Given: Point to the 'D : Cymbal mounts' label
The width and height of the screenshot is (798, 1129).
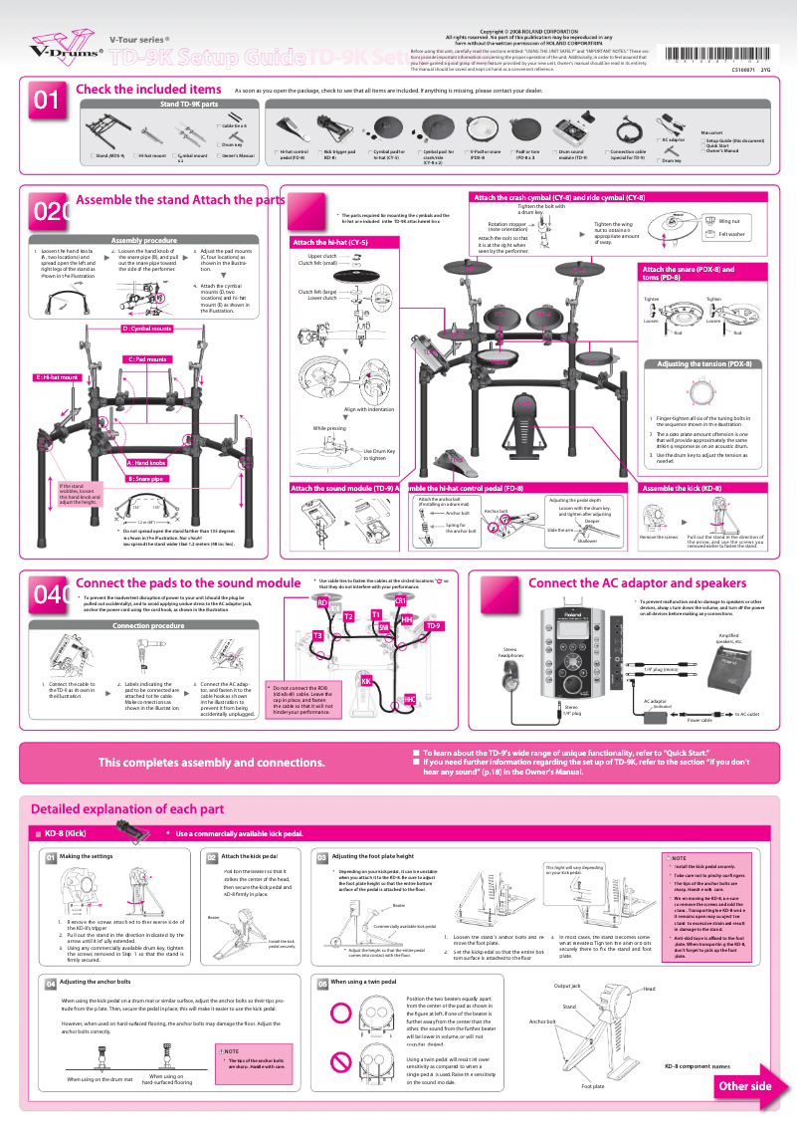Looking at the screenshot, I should pyautogui.click(x=146, y=328).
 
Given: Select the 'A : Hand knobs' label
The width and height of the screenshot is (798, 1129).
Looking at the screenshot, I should pyautogui.click(x=146, y=463).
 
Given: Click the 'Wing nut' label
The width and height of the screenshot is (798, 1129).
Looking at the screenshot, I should pyautogui.click(x=728, y=221).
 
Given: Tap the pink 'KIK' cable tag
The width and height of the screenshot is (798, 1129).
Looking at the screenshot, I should pyautogui.click(x=366, y=680).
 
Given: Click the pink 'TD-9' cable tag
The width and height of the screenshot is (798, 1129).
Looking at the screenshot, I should pyautogui.click(x=433, y=626).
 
